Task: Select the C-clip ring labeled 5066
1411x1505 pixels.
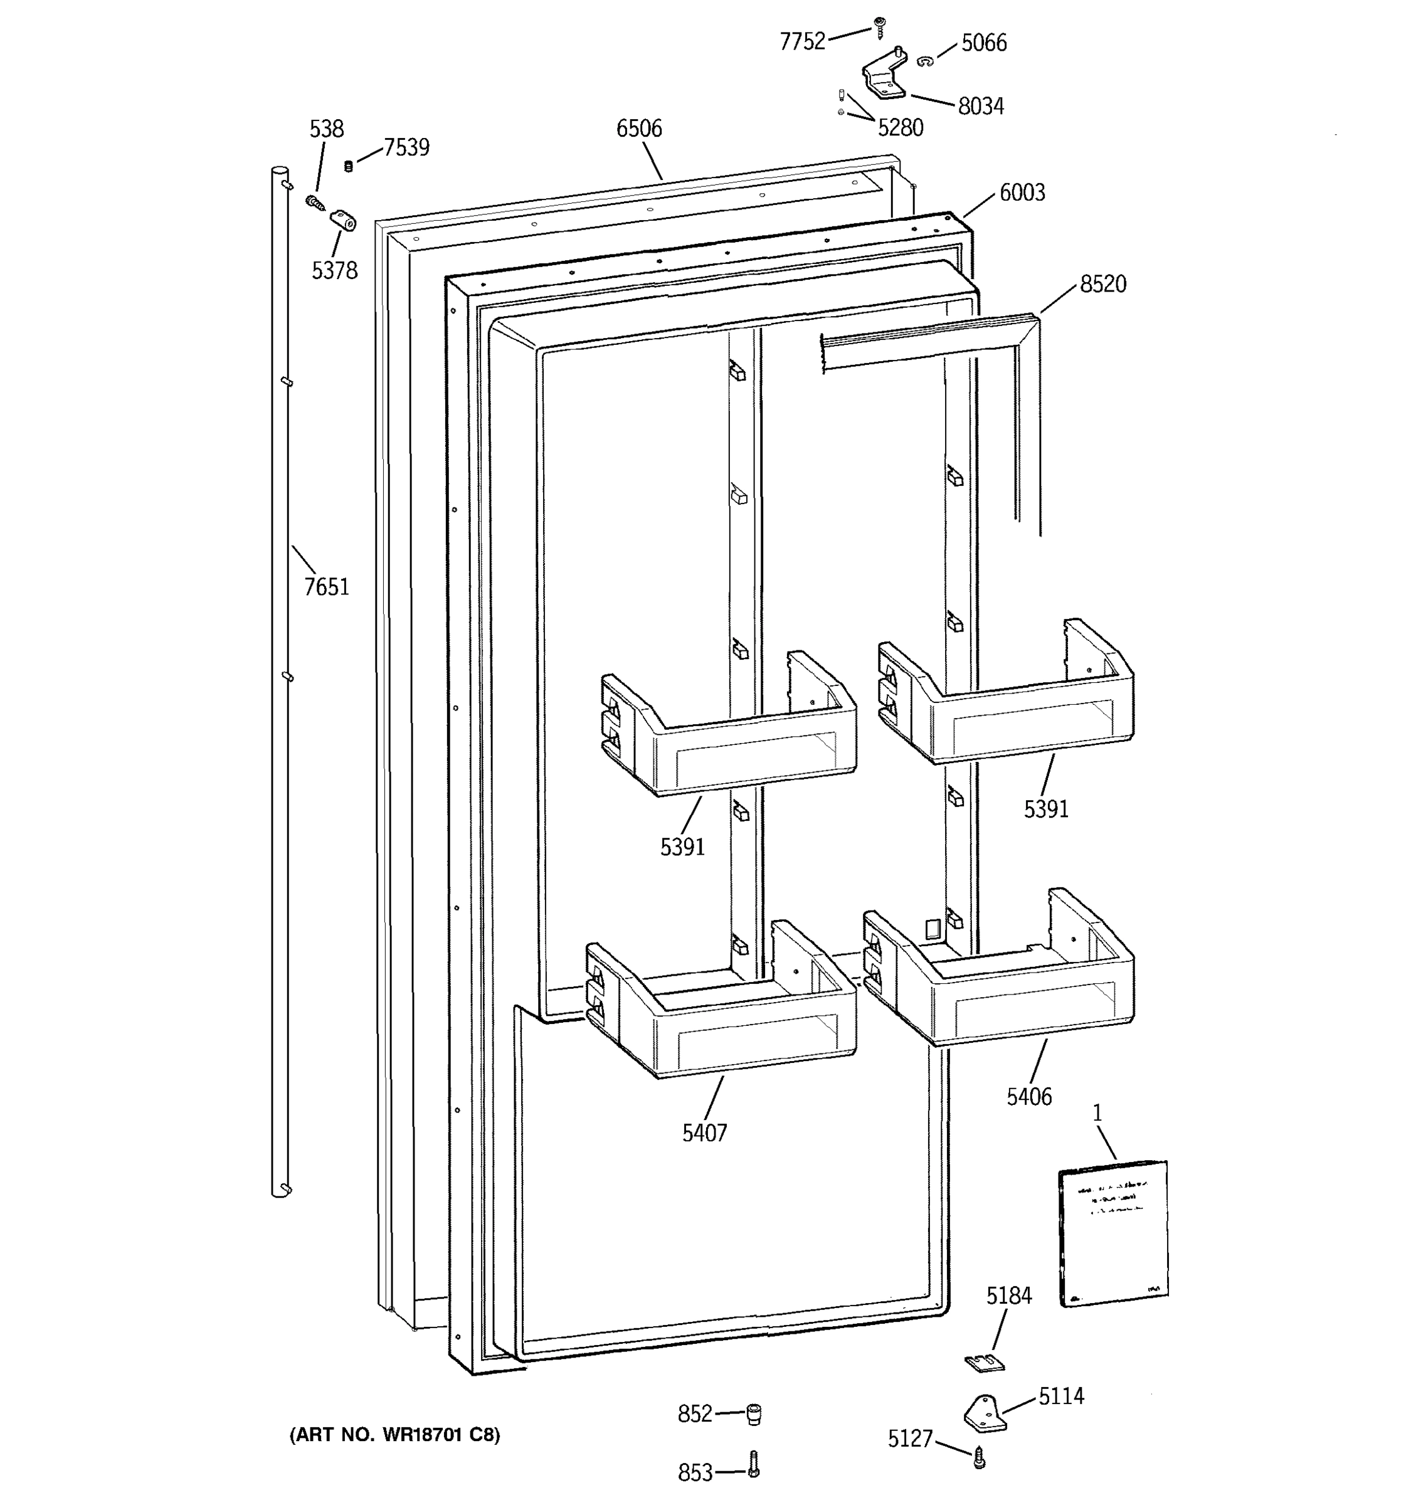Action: click(x=924, y=61)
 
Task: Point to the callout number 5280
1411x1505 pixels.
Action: click(x=900, y=128)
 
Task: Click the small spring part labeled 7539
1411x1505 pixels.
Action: click(x=349, y=166)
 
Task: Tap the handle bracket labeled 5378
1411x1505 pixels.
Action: click(x=344, y=222)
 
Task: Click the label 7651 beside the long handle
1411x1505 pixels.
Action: click(x=326, y=587)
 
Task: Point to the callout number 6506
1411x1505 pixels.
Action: click(x=638, y=129)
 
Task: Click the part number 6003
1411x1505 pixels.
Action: click(x=1022, y=193)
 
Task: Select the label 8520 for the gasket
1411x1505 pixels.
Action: click(x=1102, y=285)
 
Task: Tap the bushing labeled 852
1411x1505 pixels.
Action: click(x=753, y=1414)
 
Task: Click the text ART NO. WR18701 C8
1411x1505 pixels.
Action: click(x=394, y=1435)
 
